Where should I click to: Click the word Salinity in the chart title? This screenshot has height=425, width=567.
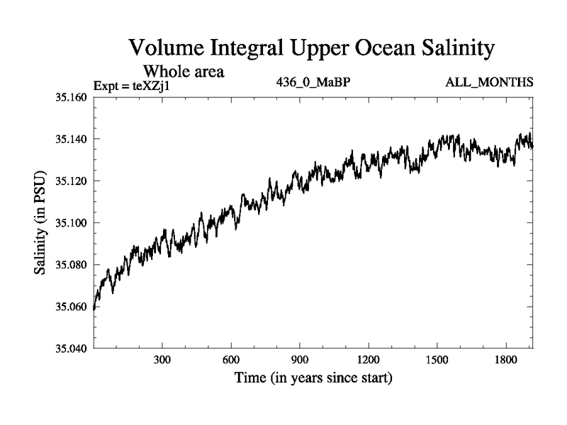click(x=454, y=48)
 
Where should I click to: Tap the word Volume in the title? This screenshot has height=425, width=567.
click(x=167, y=48)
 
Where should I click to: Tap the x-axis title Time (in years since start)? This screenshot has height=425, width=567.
click(x=313, y=379)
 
